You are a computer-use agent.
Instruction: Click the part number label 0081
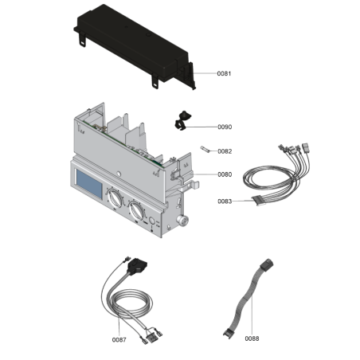pyautogui.click(x=224, y=73)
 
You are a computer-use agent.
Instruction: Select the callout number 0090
pyautogui.click(x=225, y=127)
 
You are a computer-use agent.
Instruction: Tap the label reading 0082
pyautogui.click(x=225, y=151)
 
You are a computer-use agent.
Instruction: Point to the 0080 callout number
pyautogui.click(x=225, y=174)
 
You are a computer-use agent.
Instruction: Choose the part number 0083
pyautogui.click(x=225, y=202)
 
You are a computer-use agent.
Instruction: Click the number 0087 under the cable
pyautogui.click(x=119, y=339)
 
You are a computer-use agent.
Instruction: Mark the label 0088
pyautogui.click(x=252, y=339)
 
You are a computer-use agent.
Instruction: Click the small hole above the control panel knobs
pyautogui.click(x=119, y=171)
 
